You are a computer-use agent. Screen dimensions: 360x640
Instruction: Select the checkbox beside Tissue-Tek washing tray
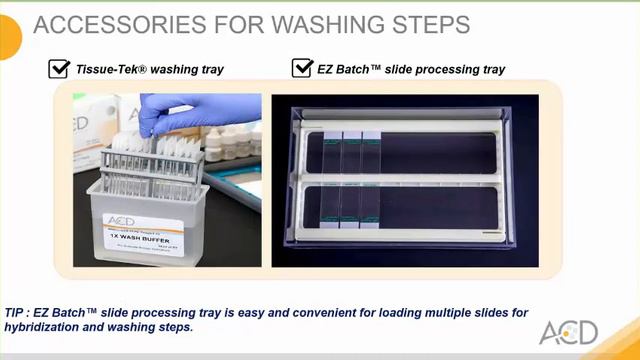(58, 70)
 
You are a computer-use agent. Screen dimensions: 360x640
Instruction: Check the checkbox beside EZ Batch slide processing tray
(302, 70)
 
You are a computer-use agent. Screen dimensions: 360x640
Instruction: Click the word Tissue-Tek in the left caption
(110, 70)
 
